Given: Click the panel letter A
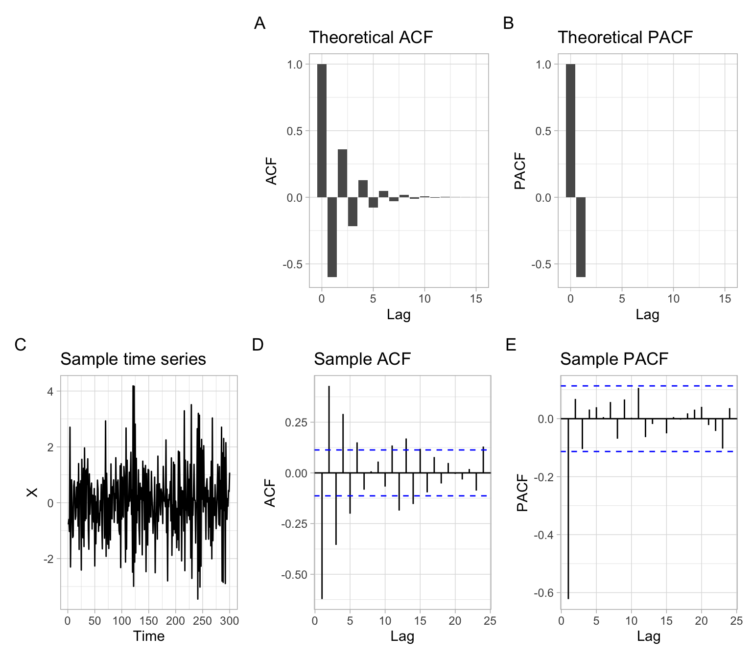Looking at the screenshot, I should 259,23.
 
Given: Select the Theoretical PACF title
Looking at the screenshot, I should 625,38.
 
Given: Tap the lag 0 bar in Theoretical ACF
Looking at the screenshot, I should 322,131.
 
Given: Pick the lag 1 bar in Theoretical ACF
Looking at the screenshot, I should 332,237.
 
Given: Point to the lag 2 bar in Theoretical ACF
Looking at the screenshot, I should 342,173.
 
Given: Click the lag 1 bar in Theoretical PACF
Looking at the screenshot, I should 581,237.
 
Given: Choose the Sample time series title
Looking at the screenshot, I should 133,359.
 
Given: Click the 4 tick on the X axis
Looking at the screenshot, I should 50,391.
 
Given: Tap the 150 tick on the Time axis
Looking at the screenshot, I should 148,621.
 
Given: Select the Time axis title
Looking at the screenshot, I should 149,636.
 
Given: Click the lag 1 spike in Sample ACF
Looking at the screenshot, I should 322,536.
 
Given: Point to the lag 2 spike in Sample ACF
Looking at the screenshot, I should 329,429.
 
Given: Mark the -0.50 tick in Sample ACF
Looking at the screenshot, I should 294,575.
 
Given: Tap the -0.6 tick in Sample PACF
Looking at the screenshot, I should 543,593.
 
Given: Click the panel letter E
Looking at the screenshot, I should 511,345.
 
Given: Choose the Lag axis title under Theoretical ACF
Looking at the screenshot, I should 399,315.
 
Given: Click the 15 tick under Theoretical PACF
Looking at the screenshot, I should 725,299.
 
